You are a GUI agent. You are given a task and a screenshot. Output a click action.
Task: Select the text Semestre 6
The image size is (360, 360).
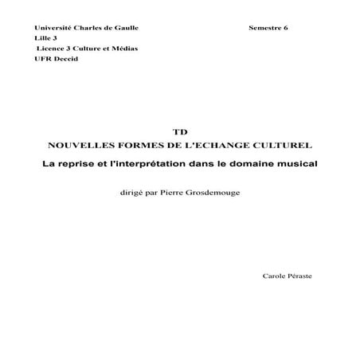pos(268,29)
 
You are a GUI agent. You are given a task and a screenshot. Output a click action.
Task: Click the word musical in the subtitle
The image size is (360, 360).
pos(292,163)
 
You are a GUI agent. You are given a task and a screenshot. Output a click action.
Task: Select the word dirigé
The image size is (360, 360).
pos(132,192)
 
